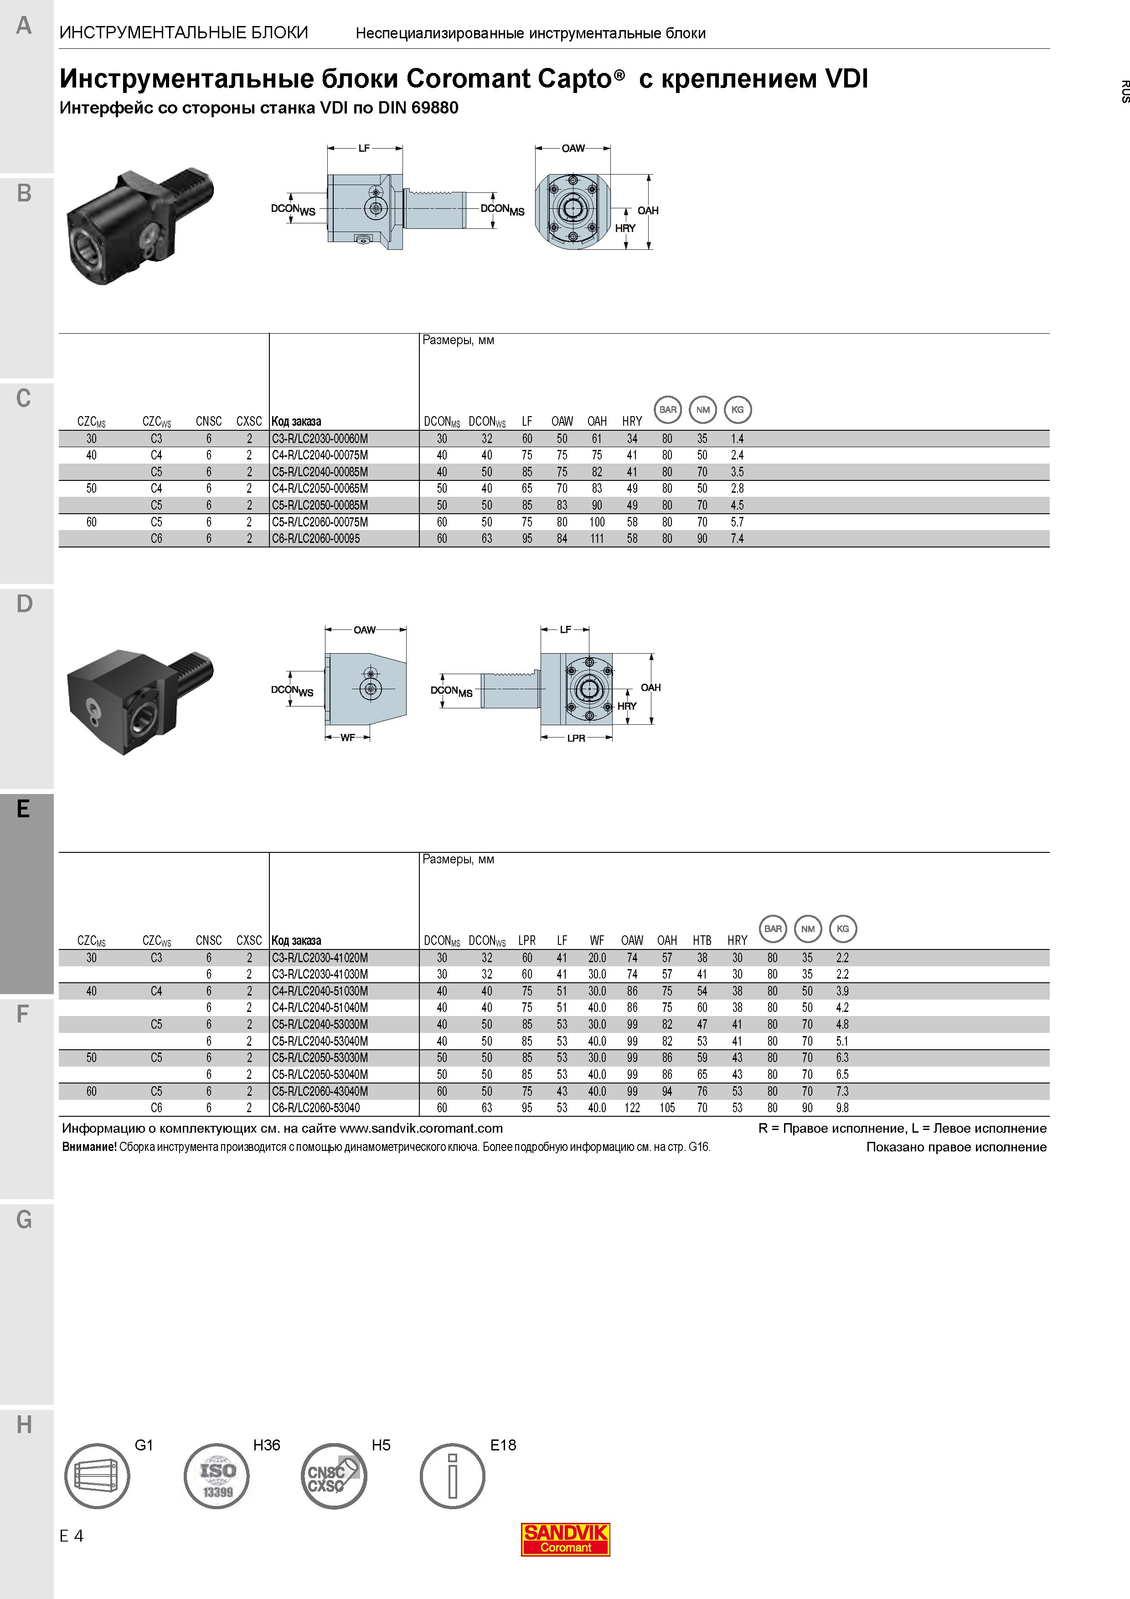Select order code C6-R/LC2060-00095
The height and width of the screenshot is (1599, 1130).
(x=316, y=538)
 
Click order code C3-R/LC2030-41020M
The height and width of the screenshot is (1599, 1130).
(x=320, y=958)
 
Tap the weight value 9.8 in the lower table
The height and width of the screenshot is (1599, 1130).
(x=842, y=1107)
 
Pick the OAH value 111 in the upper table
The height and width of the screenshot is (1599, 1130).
(x=597, y=538)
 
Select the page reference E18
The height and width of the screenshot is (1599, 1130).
(x=503, y=1445)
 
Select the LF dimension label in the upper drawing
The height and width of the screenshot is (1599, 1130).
(x=364, y=148)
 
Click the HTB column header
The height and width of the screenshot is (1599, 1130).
(x=702, y=940)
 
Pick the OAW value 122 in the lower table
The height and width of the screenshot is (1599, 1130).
(x=632, y=1107)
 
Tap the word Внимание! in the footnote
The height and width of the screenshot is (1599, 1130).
(x=89, y=1147)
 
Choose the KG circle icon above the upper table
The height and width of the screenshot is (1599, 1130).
(x=738, y=409)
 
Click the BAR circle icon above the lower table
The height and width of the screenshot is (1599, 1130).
(x=773, y=928)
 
